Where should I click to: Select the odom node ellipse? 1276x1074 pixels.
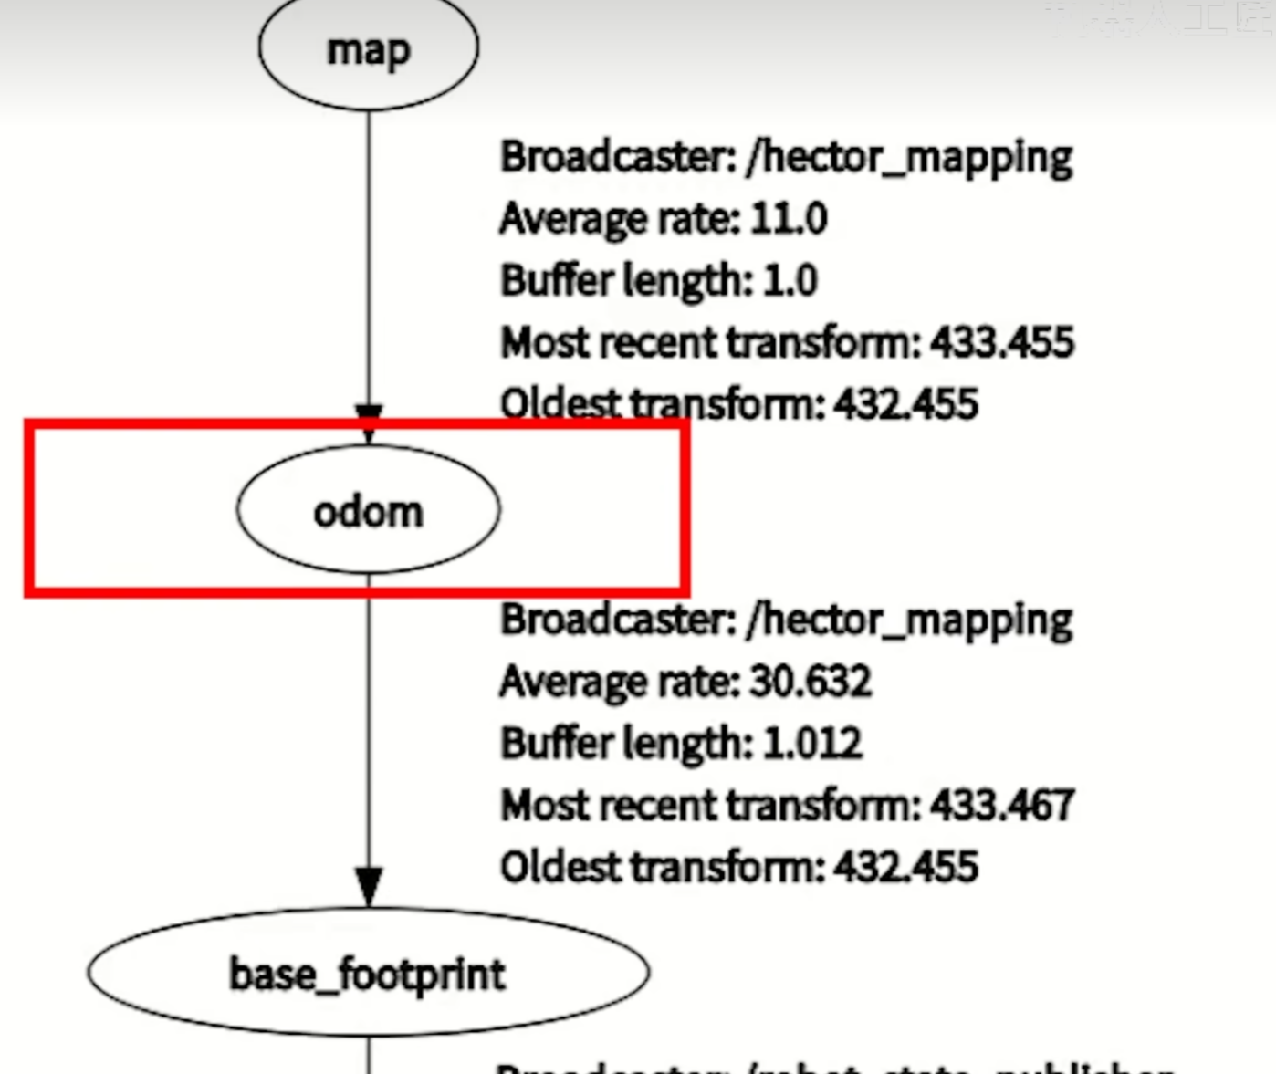[x=368, y=510]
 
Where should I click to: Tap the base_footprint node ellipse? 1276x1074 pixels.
[x=368, y=973]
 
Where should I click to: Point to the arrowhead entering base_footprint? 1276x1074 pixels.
[x=369, y=885]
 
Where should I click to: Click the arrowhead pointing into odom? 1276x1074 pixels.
[x=369, y=422]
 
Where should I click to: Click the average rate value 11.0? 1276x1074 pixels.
[x=789, y=219]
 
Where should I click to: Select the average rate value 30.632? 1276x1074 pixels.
[x=811, y=682]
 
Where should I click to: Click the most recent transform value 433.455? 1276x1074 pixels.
[x=1001, y=343]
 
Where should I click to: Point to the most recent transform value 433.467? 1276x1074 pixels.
[x=1001, y=806]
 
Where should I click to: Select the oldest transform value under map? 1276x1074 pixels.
[x=905, y=404]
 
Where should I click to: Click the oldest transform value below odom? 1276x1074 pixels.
[x=905, y=867]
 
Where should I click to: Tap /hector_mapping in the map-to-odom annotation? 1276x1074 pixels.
[x=909, y=158]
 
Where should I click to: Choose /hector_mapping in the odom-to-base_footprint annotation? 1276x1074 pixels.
[x=909, y=620]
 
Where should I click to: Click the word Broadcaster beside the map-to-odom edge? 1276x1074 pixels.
[x=618, y=157]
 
